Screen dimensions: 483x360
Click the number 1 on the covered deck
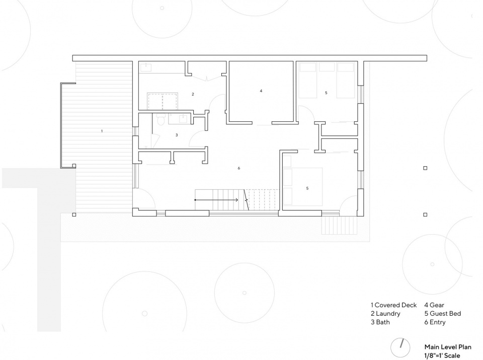point(102,131)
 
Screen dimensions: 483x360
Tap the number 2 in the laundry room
point(193,94)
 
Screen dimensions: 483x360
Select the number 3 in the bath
point(177,135)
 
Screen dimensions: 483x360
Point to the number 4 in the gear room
point(261,91)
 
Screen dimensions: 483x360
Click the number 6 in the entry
point(238,168)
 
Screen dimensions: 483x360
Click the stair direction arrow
point(216,200)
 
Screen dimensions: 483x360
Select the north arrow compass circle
point(400,348)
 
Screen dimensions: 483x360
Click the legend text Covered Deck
point(395,305)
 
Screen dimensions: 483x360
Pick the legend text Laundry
point(388,314)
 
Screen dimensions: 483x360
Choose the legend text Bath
point(383,322)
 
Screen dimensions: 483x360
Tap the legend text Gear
point(437,305)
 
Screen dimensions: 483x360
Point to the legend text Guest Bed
point(445,314)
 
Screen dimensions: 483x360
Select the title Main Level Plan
point(448,347)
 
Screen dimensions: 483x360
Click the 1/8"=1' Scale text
point(442,355)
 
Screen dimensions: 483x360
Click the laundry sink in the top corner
point(145,67)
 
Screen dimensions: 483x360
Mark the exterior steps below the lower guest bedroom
point(340,225)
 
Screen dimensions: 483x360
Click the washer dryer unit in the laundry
point(163,101)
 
